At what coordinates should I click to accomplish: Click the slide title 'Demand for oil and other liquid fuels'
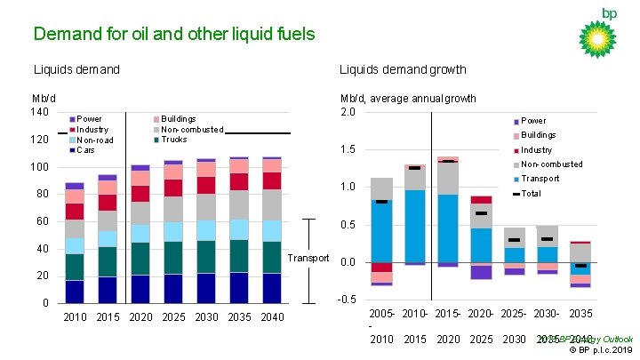pyautogui.click(x=173, y=35)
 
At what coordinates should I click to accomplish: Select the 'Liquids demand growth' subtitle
pyautogui.click(x=402, y=69)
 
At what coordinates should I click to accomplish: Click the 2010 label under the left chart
pyautogui.click(x=75, y=317)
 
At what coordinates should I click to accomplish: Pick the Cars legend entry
pyautogui.click(x=85, y=150)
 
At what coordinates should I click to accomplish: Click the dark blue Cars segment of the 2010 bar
pyautogui.click(x=75, y=292)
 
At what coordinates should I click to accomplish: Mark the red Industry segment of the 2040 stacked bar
pyautogui.click(x=272, y=180)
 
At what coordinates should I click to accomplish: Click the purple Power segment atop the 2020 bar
pyautogui.click(x=140, y=167)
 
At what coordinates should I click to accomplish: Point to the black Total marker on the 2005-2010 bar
pyautogui.click(x=381, y=202)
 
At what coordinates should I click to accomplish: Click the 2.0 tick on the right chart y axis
pyautogui.click(x=348, y=112)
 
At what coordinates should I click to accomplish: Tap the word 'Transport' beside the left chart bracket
pyautogui.click(x=308, y=259)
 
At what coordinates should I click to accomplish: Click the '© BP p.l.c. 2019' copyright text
pyautogui.click(x=602, y=349)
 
